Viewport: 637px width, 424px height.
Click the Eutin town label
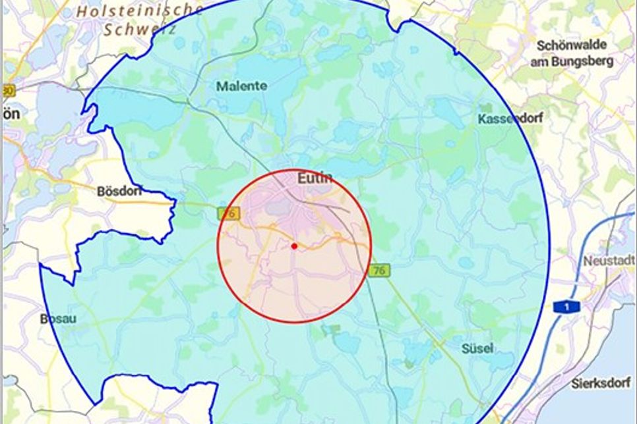315,178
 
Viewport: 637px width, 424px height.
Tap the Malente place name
242,86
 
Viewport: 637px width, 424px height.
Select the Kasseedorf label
505,119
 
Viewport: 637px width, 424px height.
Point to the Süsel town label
476,348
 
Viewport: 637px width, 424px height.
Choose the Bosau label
58,319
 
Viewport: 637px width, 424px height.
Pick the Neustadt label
608,261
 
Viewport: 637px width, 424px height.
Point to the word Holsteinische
140,11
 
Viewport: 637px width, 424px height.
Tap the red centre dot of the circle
294,246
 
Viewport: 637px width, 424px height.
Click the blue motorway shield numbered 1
562,306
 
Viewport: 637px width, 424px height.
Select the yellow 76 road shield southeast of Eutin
380,271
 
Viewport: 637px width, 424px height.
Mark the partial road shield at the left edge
8,90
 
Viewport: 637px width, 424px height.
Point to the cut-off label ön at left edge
11,113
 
